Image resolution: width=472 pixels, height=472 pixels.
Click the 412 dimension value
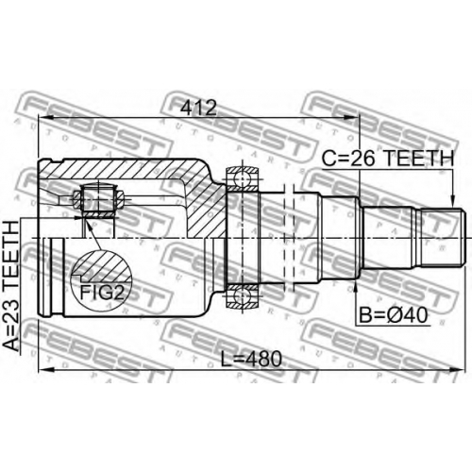[x=198, y=108]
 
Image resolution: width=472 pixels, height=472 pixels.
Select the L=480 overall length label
[x=251, y=359]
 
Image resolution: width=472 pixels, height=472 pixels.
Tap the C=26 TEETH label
[x=388, y=158]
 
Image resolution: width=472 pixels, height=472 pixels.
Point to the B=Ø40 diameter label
[x=394, y=315]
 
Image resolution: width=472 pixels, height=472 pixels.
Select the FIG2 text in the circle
[x=101, y=292]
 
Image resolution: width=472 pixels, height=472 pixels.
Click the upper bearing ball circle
[x=243, y=177]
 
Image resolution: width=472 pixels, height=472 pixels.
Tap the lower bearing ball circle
[x=243, y=296]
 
